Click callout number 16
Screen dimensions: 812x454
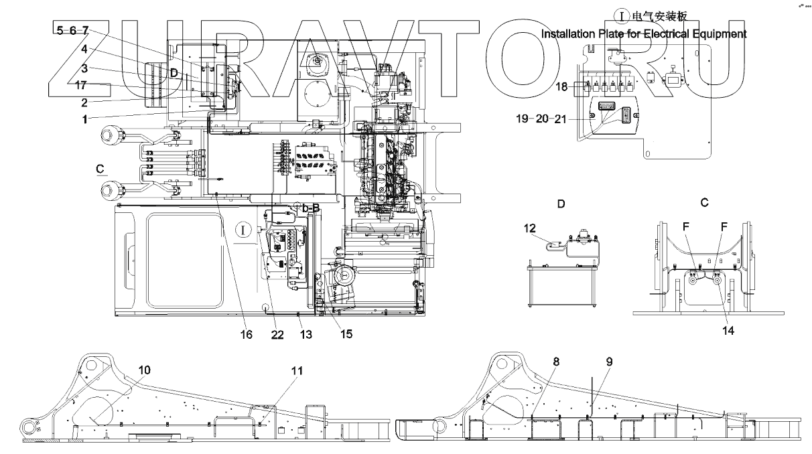[x=247, y=333]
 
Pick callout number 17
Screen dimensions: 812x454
[x=80, y=85]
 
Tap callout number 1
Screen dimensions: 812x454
[x=84, y=119]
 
